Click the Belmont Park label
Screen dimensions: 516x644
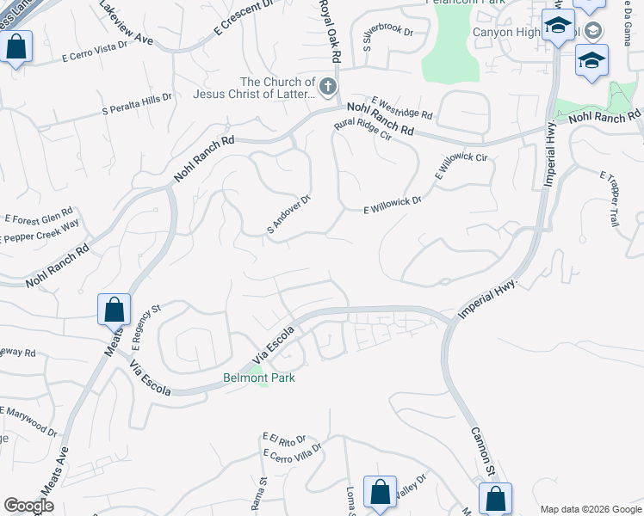259,378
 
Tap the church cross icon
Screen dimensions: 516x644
327,87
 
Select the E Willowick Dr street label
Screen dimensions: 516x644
392,203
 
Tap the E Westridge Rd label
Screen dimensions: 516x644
402,107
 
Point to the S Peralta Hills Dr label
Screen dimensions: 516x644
137,103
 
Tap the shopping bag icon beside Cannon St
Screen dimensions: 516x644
495,498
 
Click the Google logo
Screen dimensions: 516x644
28,506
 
